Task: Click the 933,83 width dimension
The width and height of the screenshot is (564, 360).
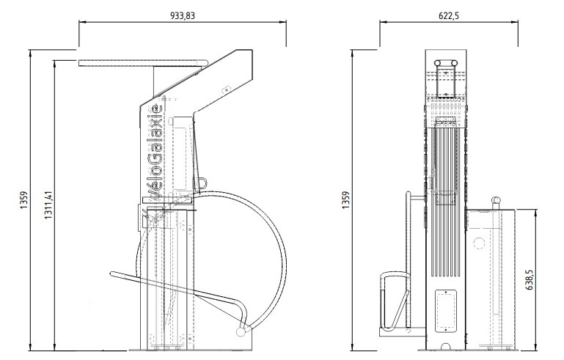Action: tap(183, 15)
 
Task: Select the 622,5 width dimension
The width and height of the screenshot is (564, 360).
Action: tap(449, 15)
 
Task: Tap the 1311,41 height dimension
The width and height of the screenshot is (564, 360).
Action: tap(48, 205)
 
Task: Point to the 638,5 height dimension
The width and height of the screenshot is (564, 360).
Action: tap(530, 280)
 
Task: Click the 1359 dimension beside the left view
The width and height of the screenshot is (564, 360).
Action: tap(23, 200)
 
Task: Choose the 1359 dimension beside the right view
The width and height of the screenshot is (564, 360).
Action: tap(345, 200)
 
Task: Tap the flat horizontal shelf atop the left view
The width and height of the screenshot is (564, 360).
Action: tap(143, 63)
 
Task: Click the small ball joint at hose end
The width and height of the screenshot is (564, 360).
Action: tap(241, 332)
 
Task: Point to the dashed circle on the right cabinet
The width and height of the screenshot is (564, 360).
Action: tap(479, 243)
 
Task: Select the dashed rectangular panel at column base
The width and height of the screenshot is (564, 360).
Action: tap(446, 311)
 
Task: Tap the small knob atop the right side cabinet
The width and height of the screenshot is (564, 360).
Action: tap(496, 201)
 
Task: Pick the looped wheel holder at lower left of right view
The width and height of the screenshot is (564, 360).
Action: tap(395, 301)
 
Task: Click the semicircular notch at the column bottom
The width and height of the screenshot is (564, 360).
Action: tap(446, 347)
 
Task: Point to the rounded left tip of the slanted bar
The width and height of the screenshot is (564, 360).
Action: tap(112, 274)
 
